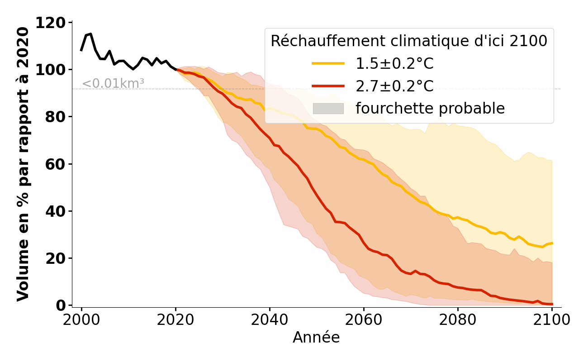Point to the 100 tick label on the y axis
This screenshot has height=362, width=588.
click(x=55, y=70)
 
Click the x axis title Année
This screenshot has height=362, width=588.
click(x=316, y=338)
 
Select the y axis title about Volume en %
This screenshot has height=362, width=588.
click(x=23, y=164)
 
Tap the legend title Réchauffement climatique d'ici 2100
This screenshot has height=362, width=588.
click(x=409, y=41)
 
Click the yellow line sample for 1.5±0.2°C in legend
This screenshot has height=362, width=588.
click(x=328, y=64)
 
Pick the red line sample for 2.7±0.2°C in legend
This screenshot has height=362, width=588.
click(x=328, y=86)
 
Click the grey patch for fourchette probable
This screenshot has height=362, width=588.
click(x=328, y=109)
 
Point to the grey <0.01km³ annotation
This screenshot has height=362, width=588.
click(x=113, y=84)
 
